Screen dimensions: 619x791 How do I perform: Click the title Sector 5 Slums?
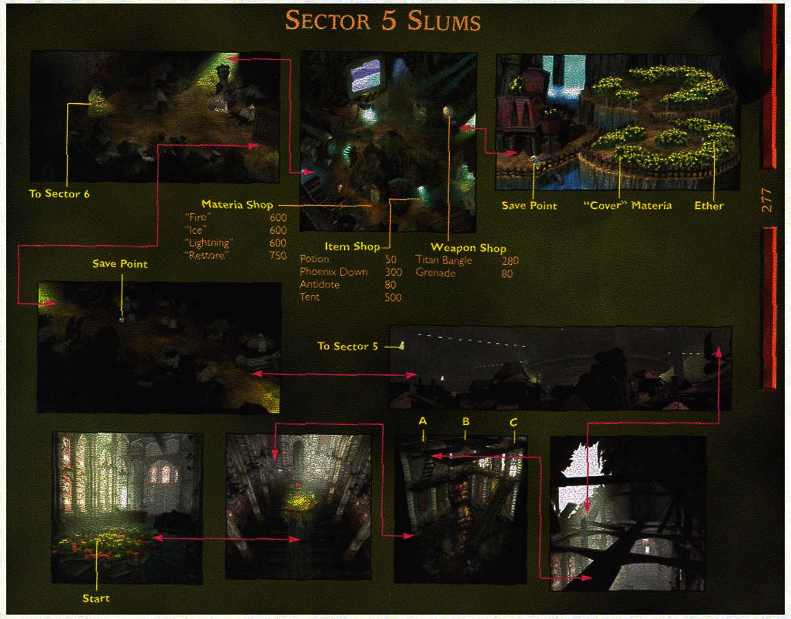[x=382, y=21]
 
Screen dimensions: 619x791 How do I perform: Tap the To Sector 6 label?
[x=59, y=193]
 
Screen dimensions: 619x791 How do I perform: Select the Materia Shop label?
[x=237, y=204]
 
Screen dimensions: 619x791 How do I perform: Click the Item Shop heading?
[x=352, y=246]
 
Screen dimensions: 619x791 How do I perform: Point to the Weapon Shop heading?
[x=468, y=248]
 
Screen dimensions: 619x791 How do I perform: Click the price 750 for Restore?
[x=278, y=255]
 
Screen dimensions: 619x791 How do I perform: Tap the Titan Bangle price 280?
[x=509, y=261]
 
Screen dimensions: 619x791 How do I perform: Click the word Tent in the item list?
[x=310, y=297]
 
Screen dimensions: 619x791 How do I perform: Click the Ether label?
[x=708, y=205]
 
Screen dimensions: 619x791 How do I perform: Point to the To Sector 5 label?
[x=347, y=346]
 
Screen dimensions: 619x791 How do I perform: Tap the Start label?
[x=96, y=598]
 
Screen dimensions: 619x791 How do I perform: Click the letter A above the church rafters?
[x=423, y=420]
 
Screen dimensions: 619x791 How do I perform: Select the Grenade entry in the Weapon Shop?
[x=435, y=273]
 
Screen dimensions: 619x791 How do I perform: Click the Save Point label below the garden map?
[x=529, y=205]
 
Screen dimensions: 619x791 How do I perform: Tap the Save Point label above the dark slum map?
[x=120, y=263]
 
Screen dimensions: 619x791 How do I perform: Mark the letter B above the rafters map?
[x=466, y=421]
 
